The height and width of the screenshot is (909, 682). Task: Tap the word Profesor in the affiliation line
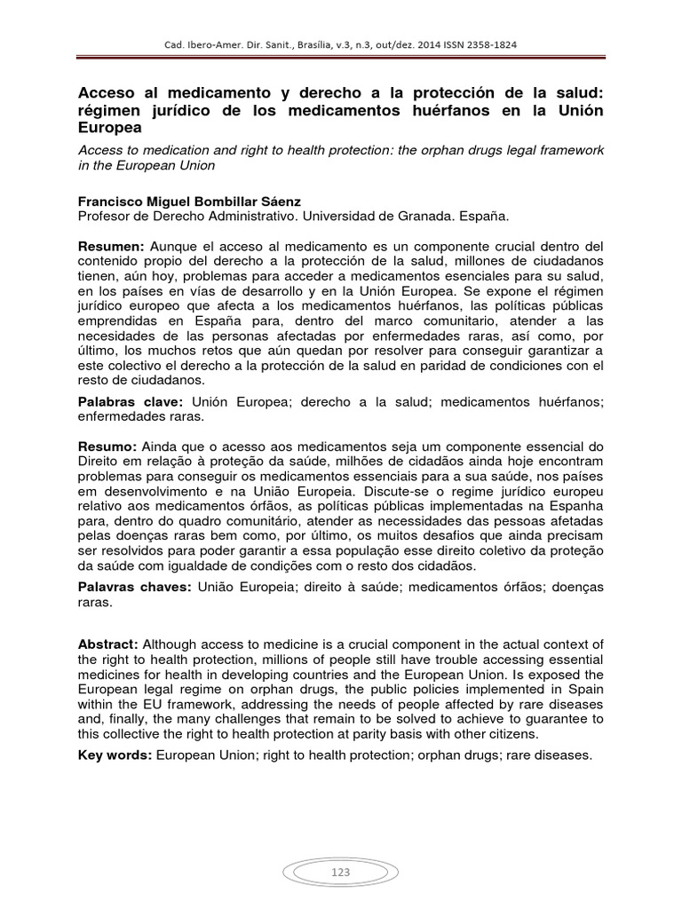107,217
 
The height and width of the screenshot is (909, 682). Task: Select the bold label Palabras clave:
132,402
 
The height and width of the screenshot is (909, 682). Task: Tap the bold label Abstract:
108,644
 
